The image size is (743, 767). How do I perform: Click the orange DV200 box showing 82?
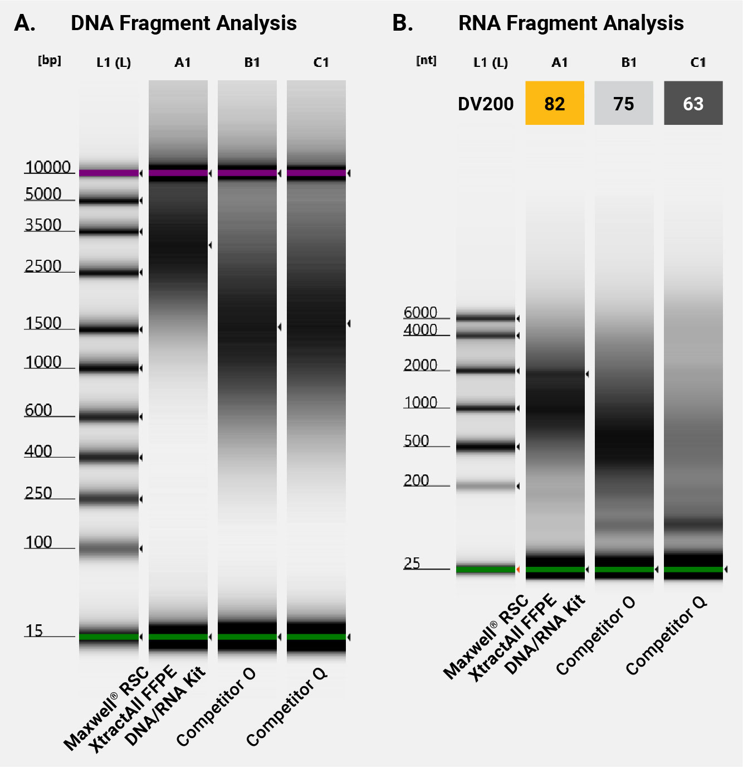pyautogui.click(x=554, y=103)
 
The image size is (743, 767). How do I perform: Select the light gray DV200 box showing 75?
pyautogui.click(x=623, y=103)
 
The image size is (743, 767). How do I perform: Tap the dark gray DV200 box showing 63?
pyautogui.click(x=693, y=103)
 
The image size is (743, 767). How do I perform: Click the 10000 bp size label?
pyautogui.click(x=48, y=167)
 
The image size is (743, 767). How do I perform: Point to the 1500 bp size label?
pyautogui.click(x=43, y=323)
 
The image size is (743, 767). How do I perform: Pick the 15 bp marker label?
pyautogui.click(x=33, y=630)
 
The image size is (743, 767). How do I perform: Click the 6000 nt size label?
pyautogui.click(x=421, y=312)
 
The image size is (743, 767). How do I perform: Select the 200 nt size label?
pyautogui.click(x=416, y=480)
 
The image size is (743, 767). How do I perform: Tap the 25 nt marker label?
pyautogui.click(x=412, y=563)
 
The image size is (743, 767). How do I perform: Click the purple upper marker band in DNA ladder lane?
pyautogui.click(x=109, y=173)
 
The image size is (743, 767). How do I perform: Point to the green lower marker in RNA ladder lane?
pyautogui.click(x=485, y=569)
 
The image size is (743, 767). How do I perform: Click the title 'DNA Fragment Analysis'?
pyautogui.click(x=183, y=23)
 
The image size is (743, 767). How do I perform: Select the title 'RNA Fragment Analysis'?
pyautogui.click(x=570, y=23)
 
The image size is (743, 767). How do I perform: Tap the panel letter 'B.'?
pyautogui.click(x=402, y=23)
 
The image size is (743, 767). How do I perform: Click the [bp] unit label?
pyautogui.click(x=50, y=60)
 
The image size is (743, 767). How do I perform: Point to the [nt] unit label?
pyautogui.click(x=426, y=60)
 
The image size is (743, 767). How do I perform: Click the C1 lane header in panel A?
pyautogui.click(x=321, y=62)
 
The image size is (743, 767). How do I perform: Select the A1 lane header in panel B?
pyautogui.click(x=559, y=62)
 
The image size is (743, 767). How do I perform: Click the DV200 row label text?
pyautogui.click(x=485, y=104)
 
